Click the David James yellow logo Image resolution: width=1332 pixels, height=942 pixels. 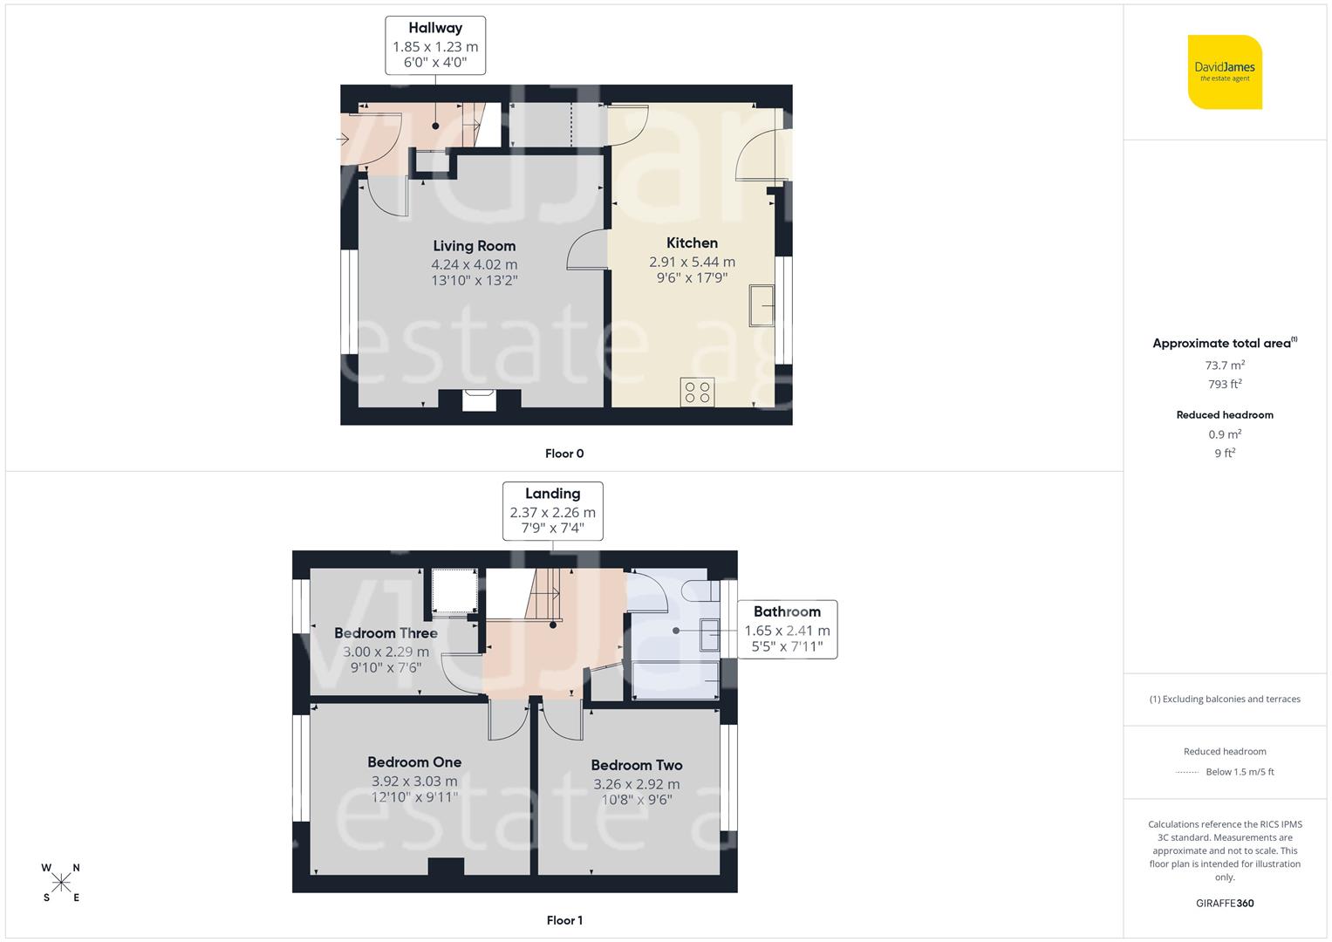click(1225, 72)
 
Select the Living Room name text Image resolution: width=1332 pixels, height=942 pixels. click(474, 246)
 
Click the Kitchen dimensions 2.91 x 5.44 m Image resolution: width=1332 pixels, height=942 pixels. click(692, 262)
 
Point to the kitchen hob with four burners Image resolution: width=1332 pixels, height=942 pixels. click(698, 392)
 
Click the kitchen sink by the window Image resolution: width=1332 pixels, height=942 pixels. click(762, 305)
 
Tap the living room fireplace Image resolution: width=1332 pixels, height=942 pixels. click(479, 399)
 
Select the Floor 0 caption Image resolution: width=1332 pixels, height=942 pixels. click(564, 454)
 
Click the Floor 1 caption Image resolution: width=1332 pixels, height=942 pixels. click(564, 920)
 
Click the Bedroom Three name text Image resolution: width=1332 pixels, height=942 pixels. click(386, 633)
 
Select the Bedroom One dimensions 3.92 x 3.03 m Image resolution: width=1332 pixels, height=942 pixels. click(414, 782)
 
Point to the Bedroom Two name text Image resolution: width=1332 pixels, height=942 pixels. click(637, 765)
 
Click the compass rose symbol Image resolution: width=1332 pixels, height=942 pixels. click(61, 883)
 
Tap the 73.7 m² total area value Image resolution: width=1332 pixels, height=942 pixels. click(1225, 365)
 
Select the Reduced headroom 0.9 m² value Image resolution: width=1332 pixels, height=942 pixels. click(1225, 434)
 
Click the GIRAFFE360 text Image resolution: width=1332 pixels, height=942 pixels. click(1225, 903)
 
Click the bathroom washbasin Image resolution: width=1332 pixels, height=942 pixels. click(708, 636)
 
